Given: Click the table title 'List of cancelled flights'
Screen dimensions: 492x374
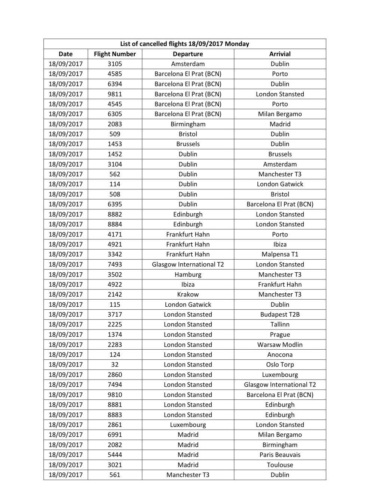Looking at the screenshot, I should tap(184, 44).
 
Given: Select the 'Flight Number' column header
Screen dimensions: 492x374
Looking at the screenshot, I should tap(115, 54).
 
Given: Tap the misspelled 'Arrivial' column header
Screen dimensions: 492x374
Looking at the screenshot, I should tap(280, 54).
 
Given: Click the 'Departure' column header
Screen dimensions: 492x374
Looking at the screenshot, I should tap(188, 54).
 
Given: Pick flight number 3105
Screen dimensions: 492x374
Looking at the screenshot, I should tap(115, 64).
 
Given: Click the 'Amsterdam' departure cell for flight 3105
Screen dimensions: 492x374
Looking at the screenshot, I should tap(188, 64).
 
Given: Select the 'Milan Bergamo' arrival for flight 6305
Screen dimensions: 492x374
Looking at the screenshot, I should tap(280, 114).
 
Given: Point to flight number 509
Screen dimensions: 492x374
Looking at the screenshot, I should tap(115, 134).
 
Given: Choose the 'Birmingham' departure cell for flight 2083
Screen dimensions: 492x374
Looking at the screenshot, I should tap(188, 124).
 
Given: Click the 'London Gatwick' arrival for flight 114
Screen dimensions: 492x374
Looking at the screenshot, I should tap(280, 184).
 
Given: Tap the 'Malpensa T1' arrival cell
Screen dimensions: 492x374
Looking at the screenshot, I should tap(280, 254).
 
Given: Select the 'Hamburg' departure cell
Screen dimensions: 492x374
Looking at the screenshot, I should tap(188, 275).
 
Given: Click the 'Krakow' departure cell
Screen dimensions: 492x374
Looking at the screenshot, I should tap(188, 294).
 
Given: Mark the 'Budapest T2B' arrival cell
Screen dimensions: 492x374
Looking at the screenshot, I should tap(280, 315).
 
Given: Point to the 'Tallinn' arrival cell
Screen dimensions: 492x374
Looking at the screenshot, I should tap(280, 325).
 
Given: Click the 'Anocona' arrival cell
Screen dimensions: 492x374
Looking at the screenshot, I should tap(280, 355).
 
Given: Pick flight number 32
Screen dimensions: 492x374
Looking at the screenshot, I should tap(115, 365).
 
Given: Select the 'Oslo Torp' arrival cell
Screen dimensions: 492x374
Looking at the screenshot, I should tap(280, 365).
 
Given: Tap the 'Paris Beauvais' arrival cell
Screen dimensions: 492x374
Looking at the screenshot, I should tap(280, 455).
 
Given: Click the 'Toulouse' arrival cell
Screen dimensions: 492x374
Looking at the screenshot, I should tap(280, 465).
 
